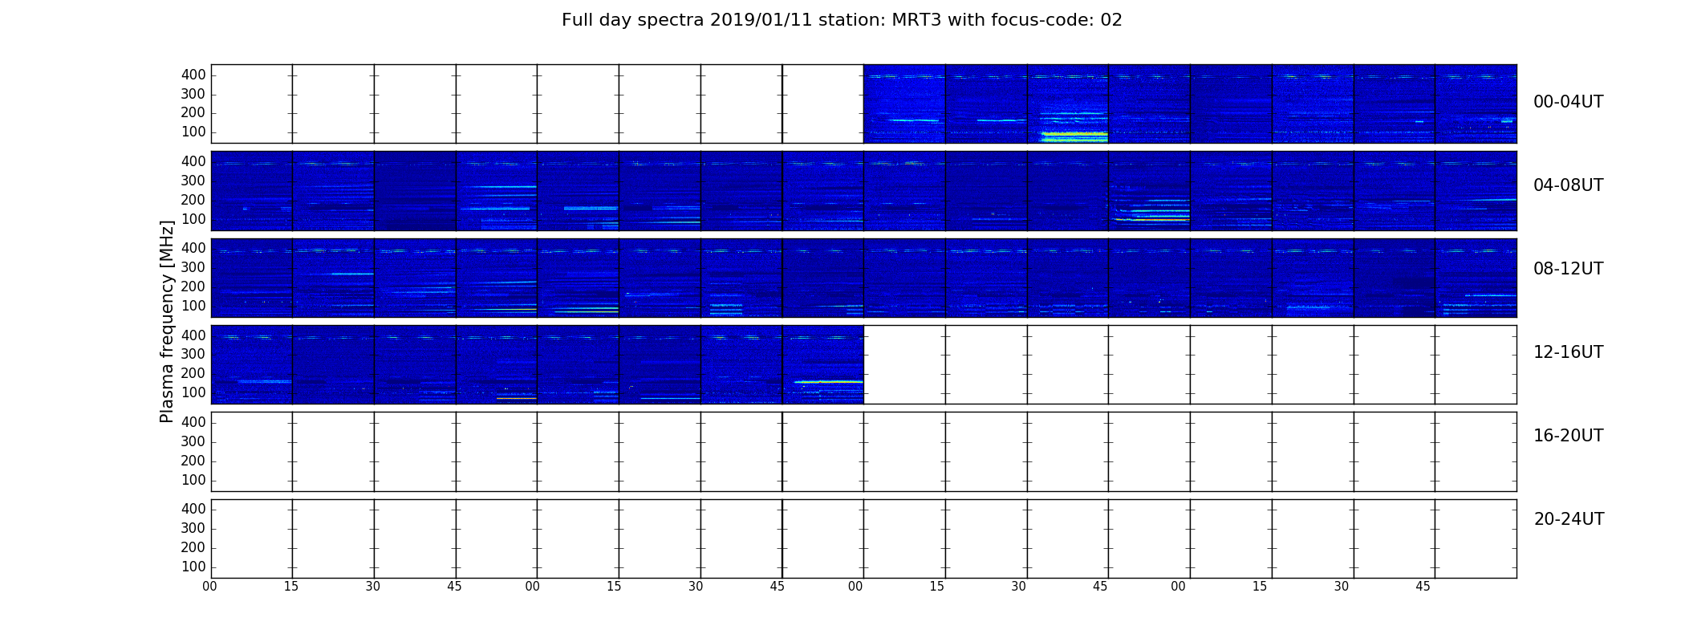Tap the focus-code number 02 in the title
point(1111,20)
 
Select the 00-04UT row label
point(1569,102)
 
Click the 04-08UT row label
point(1569,185)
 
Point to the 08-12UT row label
point(1569,269)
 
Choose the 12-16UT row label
point(1569,352)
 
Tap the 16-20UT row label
point(1569,436)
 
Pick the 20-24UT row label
point(1569,519)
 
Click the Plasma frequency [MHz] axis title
point(167,321)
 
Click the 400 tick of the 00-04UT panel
point(193,75)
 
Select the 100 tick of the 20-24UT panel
point(193,567)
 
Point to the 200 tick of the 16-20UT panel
point(193,461)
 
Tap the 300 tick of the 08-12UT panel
point(193,267)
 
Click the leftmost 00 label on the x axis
point(209,587)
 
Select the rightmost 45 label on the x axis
point(1423,587)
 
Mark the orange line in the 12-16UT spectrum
point(516,398)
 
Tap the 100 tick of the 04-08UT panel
point(193,219)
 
